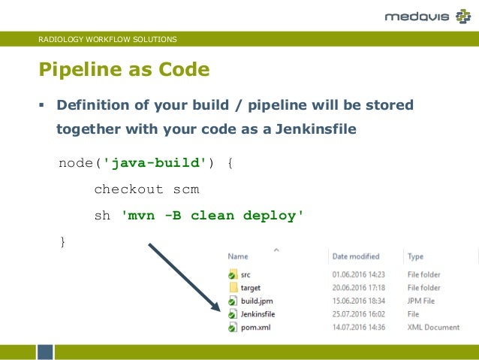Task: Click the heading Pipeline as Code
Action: (x=124, y=71)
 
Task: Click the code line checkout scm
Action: (x=146, y=189)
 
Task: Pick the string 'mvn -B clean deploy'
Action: (x=212, y=216)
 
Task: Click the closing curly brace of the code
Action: (x=62, y=241)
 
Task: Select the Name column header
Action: (x=238, y=256)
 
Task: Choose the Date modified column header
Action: (x=356, y=256)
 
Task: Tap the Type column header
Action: (x=415, y=256)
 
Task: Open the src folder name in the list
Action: (x=246, y=275)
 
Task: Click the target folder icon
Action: (x=233, y=288)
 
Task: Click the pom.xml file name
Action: (x=255, y=327)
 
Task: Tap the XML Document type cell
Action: (x=433, y=327)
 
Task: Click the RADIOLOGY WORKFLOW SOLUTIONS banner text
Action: (x=107, y=39)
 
